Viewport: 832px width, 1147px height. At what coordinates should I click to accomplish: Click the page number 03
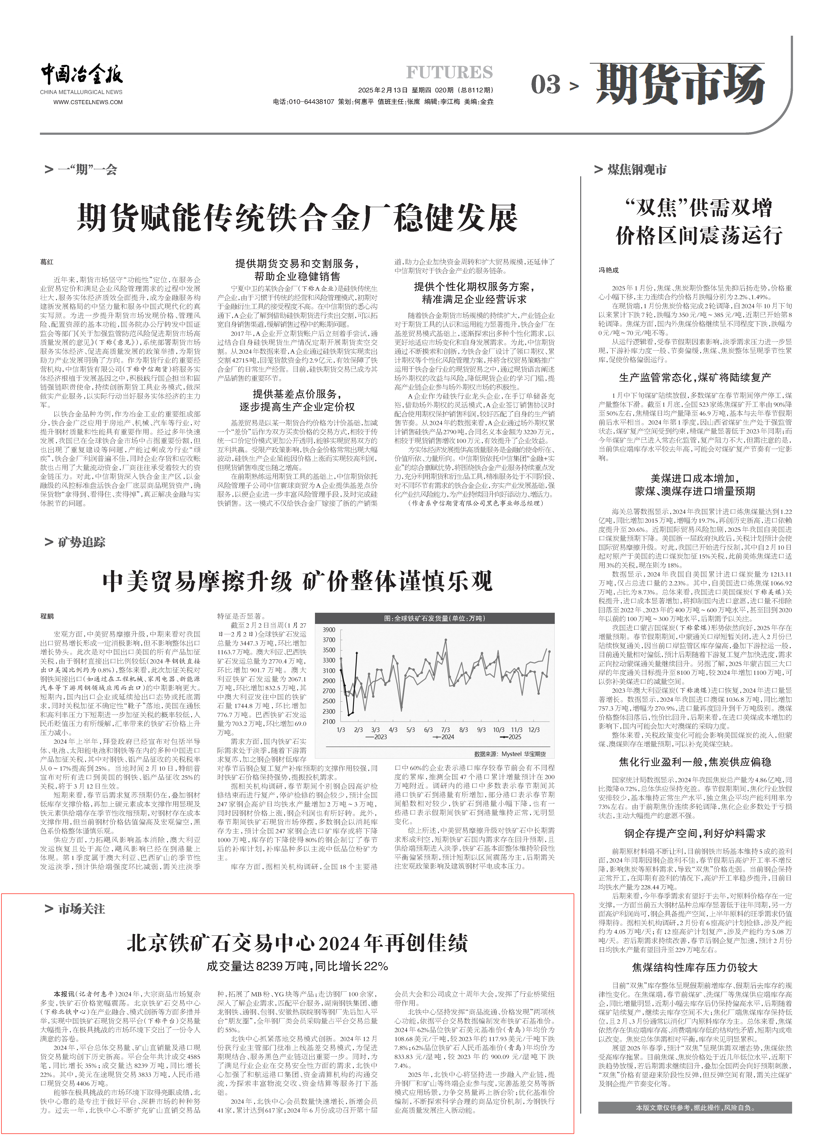pyautogui.click(x=546, y=84)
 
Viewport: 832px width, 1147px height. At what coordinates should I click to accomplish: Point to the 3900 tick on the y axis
pyautogui.click(x=329, y=630)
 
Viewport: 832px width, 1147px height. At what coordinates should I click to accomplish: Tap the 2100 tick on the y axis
pyautogui.click(x=329, y=722)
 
